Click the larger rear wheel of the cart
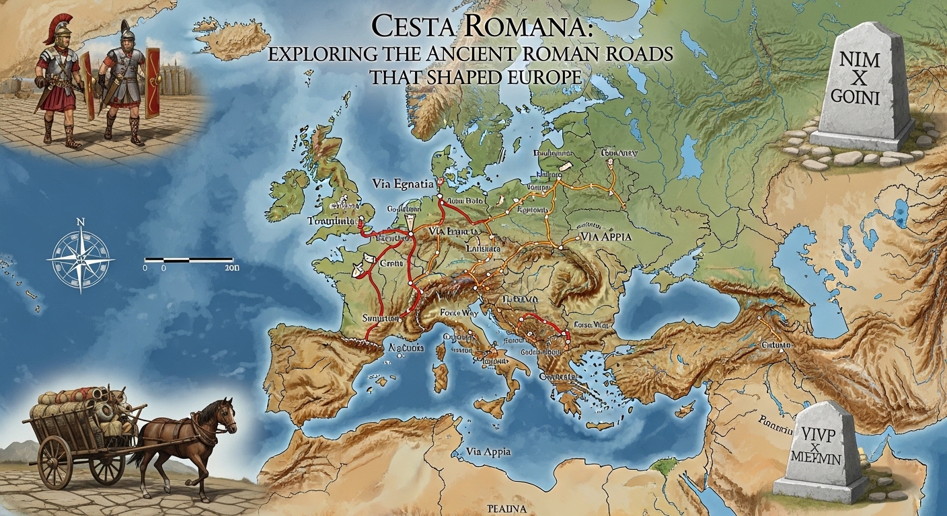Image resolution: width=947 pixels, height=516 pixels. [55, 462]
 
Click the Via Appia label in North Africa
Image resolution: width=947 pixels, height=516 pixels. [487, 452]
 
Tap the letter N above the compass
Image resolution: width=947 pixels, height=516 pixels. [81, 221]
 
